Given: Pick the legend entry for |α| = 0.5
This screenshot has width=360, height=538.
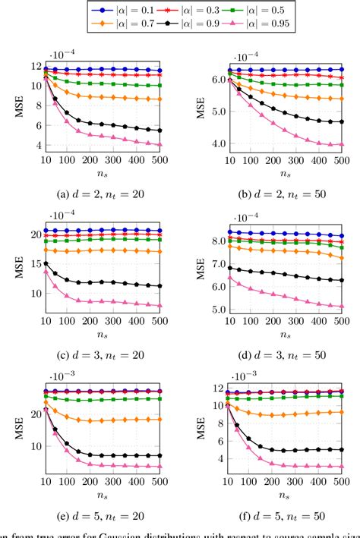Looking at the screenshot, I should coord(270,10).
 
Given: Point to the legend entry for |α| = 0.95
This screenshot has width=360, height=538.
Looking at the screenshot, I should coord(272,24).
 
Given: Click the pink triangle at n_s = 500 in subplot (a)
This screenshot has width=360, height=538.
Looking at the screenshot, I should coord(159,144).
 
